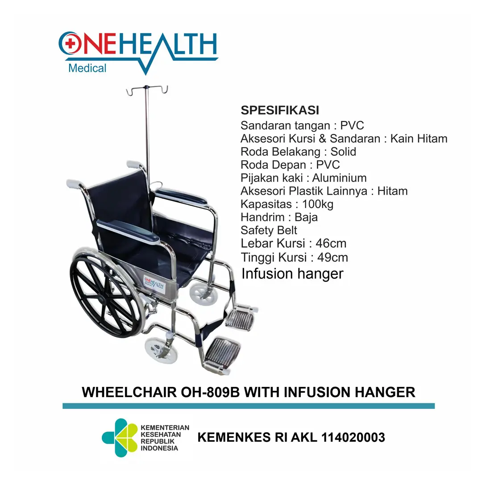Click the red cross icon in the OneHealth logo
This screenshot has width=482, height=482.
tap(69, 42)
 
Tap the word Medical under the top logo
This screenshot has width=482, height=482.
tap(87, 68)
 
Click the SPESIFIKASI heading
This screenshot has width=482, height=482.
tap(280, 110)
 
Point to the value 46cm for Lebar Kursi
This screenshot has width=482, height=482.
tap(331, 244)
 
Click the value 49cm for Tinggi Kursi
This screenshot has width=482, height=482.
tap(332, 258)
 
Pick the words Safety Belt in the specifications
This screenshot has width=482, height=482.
tap(269, 230)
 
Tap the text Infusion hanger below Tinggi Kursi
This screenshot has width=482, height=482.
tap(292, 274)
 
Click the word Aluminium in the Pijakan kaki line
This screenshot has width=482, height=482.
tap(339, 178)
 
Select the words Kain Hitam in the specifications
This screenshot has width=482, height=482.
tap(419, 139)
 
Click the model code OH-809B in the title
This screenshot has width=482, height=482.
tap(211, 392)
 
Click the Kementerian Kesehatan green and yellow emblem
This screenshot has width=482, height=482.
tap(119, 437)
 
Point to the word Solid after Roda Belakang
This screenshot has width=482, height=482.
tap(343, 152)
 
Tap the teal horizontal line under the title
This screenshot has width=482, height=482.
tap(248, 406)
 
